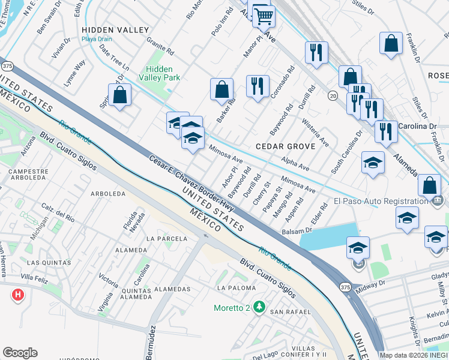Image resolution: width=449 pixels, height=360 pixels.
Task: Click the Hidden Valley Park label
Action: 159,73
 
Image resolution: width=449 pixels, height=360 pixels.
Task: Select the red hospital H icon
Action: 18,295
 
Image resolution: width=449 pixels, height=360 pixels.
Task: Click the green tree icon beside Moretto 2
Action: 259,308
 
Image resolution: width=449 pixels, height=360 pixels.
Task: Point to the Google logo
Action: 20,353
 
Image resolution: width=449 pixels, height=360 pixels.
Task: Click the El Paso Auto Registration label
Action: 381,201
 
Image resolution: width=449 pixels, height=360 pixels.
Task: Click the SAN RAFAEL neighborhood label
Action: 290,312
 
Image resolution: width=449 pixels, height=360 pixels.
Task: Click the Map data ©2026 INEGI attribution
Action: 414,355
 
